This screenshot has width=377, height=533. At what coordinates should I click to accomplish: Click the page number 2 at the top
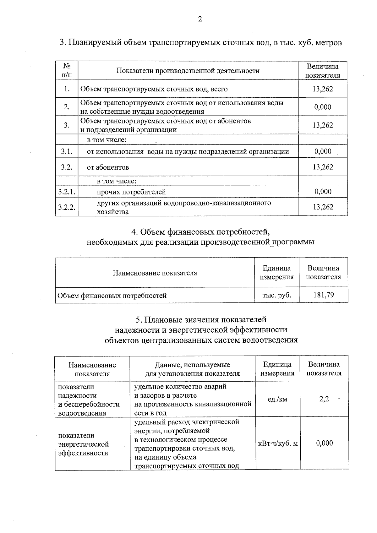pos(200,19)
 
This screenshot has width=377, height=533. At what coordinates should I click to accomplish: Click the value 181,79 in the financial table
pos(324,295)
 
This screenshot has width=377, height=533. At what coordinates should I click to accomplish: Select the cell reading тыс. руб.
pos(276,295)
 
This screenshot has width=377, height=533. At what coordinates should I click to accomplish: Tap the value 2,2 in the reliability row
pos(324,399)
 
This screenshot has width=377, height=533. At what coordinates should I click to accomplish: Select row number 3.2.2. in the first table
pos(67,207)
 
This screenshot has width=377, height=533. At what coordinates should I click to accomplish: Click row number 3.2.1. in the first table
pos(67,192)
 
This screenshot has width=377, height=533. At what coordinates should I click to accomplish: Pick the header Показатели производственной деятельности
pos(188,71)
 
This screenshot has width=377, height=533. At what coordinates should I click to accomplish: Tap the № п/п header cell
pos(67,71)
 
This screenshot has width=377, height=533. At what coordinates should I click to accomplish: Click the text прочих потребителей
pos(131,192)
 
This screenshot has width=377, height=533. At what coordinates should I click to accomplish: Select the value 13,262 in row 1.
pos(323,89)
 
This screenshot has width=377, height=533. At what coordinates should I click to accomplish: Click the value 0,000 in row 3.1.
pos(323,151)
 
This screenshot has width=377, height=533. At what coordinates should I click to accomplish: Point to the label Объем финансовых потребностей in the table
pos(112,296)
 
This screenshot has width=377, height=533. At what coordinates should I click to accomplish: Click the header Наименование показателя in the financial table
pos(155,273)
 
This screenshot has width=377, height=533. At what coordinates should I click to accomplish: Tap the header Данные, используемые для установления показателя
pos(192,369)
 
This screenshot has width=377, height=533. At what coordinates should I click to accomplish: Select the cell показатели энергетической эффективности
pos(84,444)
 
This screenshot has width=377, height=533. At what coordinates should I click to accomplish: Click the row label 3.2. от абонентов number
pos(67,167)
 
